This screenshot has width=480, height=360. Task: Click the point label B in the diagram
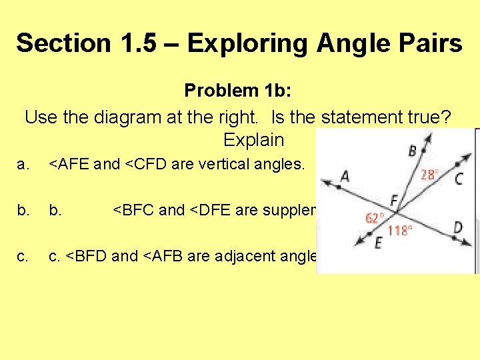tap(413, 151)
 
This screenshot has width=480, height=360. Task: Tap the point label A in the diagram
tap(345, 177)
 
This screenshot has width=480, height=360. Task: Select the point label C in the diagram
tap(459, 178)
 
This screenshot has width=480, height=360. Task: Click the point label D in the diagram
tap(458, 228)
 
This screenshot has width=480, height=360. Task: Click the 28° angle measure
tap(430, 175)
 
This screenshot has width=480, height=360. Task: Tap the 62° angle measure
tap(375, 217)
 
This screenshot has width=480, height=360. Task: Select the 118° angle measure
tap(400, 231)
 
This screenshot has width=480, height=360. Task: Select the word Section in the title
tap(64, 43)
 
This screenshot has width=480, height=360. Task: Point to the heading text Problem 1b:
tap(239, 90)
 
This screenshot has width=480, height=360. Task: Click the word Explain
tap(253, 140)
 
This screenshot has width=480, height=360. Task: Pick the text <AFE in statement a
tap(69, 164)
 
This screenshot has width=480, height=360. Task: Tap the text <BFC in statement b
tap(133, 210)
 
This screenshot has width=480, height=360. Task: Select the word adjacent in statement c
tap(227, 256)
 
